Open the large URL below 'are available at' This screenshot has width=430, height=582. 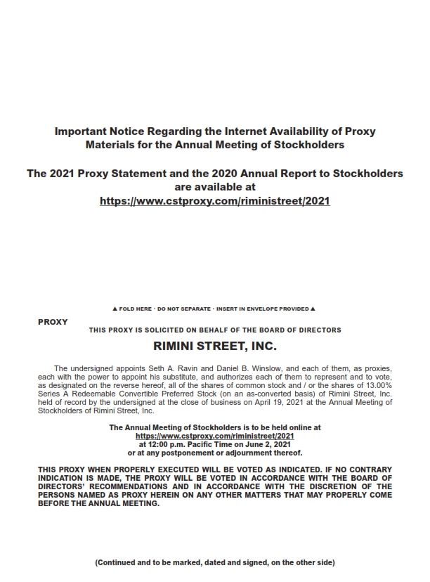point(215,200)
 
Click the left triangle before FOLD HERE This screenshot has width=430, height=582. point(115,309)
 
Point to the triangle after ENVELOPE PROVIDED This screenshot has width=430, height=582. point(313,309)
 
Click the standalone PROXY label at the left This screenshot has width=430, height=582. point(53,322)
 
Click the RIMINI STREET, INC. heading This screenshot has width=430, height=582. point(215,346)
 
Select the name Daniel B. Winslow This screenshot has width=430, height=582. point(212,368)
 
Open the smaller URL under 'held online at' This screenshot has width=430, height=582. point(215,436)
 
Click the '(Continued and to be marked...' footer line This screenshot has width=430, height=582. point(215,562)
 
